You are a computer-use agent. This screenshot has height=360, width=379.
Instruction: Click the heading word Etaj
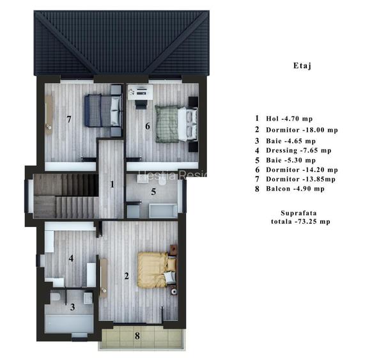[x=302, y=65]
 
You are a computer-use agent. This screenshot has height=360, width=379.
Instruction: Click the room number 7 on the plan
[x=69, y=119]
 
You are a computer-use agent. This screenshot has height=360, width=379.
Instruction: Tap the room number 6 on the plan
[x=148, y=126]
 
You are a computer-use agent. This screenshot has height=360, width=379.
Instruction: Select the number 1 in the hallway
[x=112, y=185]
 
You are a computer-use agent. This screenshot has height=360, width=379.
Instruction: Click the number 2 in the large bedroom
[x=126, y=276]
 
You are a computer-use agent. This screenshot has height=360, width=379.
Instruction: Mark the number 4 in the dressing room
[x=71, y=259]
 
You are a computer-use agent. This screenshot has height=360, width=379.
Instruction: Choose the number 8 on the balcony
[x=136, y=335]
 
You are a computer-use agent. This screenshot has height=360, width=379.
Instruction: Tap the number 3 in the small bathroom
[x=72, y=307]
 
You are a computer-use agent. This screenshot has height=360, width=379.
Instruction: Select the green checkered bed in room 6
[x=173, y=123]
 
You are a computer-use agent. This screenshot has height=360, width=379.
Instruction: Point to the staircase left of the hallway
[x=65, y=196]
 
